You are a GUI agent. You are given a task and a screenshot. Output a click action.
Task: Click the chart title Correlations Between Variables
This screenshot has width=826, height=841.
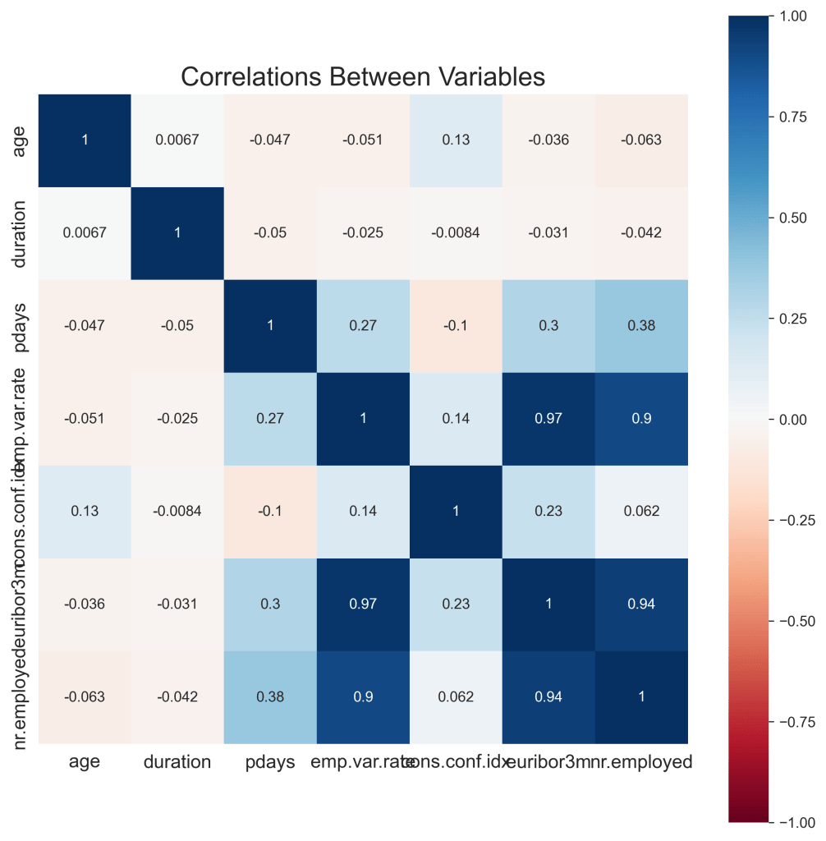tap(363, 76)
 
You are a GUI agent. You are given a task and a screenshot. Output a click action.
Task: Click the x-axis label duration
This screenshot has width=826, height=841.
tap(177, 762)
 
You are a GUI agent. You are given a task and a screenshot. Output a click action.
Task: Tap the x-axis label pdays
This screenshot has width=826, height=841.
tap(270, 762)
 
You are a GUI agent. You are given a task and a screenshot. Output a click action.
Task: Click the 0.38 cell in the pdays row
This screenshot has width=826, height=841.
tap(642, 326)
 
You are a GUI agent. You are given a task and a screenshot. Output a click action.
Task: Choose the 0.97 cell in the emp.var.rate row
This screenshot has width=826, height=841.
tap(548, 419)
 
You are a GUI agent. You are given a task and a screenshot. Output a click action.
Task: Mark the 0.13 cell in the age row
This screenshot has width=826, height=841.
tap(456, 140)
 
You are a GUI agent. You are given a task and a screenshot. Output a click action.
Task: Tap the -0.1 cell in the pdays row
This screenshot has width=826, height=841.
tap(456, 326)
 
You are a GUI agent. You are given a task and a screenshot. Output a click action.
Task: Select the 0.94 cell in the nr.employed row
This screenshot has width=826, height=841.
tap(548, 697)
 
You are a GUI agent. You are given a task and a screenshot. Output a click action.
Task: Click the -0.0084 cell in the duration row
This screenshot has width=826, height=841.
tap(456, 233)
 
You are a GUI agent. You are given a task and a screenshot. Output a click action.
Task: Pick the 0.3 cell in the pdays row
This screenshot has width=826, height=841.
tap(548, 326)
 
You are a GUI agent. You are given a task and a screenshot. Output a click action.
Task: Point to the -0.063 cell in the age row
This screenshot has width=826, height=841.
tap(642, 140)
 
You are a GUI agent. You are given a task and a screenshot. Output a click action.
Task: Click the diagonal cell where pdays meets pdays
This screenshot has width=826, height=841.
tap(270, 326)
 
